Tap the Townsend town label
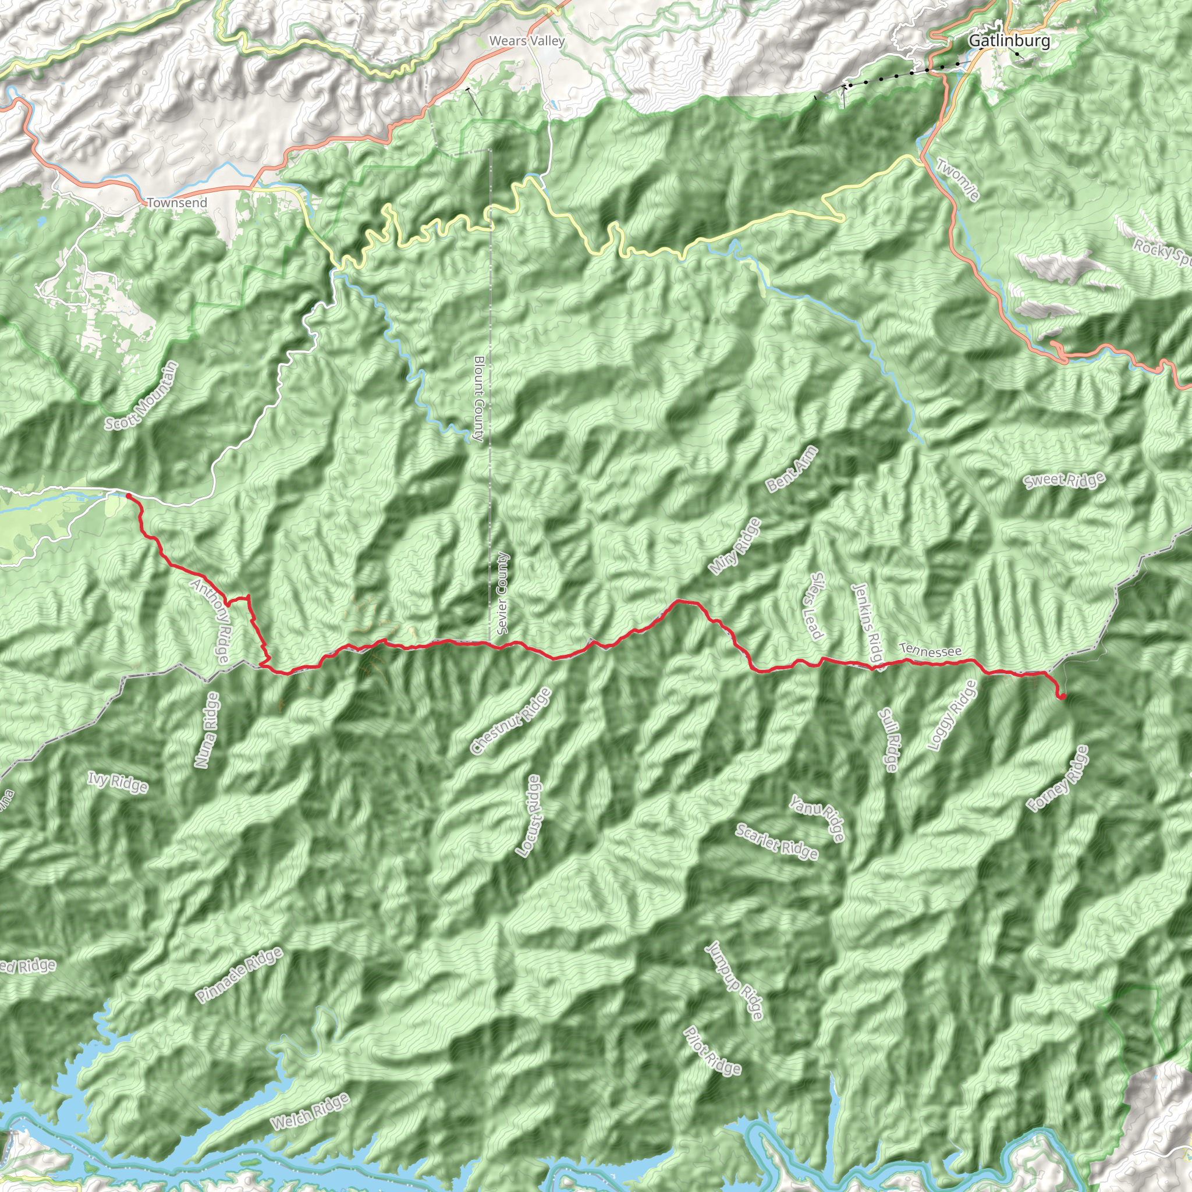coord(177,203)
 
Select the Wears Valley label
coord(526,41)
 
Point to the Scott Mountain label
coord(141,395)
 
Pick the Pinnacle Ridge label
coord(239,974)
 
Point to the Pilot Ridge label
coord(712,1050)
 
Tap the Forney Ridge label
coord(1058,779)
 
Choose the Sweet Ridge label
coord(1065,481)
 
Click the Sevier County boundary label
coord(503,593)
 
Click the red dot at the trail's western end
coord(127,495)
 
